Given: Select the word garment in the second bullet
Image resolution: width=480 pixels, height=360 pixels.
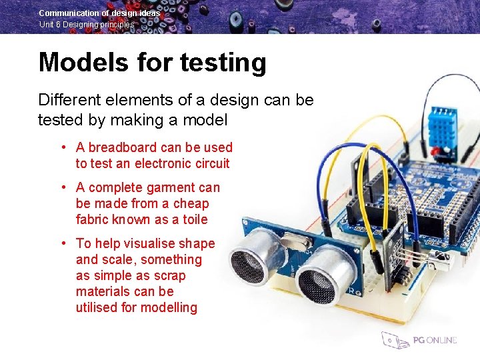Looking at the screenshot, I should [x=157, y=188].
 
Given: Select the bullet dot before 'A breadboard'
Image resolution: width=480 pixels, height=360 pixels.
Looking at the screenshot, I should [x=62, y=147].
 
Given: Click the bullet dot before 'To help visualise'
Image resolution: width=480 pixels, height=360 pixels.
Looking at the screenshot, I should [x=62, y=243].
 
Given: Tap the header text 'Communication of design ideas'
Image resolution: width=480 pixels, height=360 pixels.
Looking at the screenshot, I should [x=99, y=13].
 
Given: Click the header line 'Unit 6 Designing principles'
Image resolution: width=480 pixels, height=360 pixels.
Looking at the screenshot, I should [x=87, y=25].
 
